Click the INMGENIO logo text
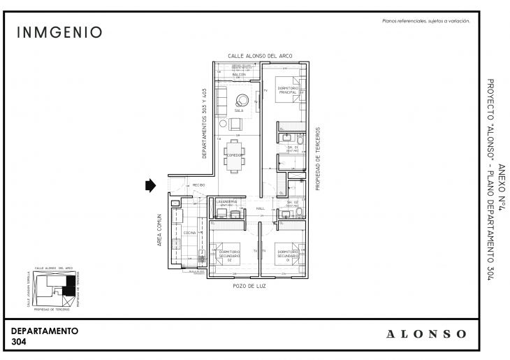tap(59, 33)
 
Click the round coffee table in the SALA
tap(242, 99)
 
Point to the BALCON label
tap(238, 74)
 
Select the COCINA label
tap(189, 233)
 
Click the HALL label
tap(260, 209)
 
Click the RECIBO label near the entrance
tap(198, 185)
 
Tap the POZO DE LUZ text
tap(249, 287)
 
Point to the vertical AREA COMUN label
tap(160, 230)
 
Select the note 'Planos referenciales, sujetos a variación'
tap(425, 21)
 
